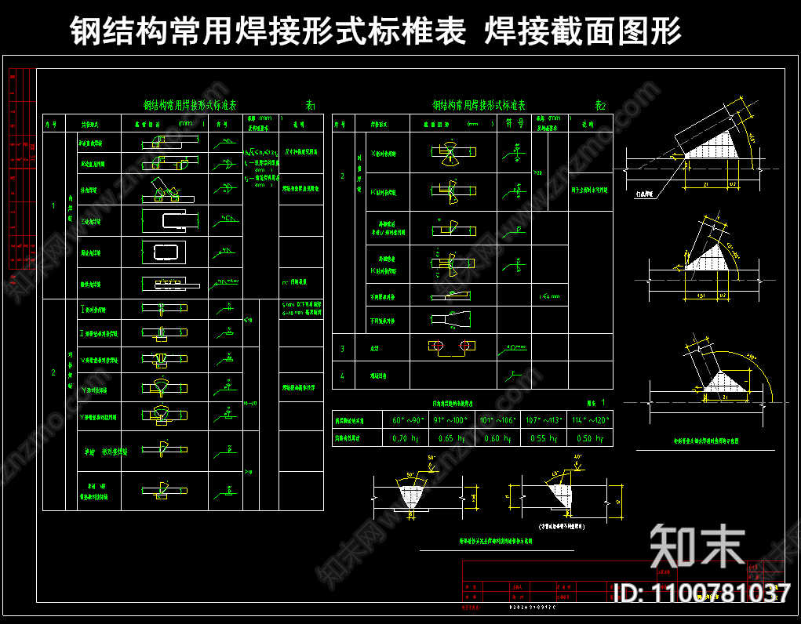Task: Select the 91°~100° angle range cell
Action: pyautogui.click(x=450, y=420)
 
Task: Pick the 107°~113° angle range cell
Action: pyautogui.click(x=541, y=420)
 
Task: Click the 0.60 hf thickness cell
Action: pyautogui.click(x=496, y=439)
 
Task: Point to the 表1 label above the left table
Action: pyautogui.click(x=310, y=105)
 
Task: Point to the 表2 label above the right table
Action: pyautogui.click(x=600, y=105)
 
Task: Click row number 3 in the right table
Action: pyautogui.click(x=342, y=348)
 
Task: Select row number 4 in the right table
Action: pyautogui.click(x=342, y=375)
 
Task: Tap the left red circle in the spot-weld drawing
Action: pyautogui.click(x=437, y=346)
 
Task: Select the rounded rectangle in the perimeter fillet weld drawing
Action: pyautogui.click(x=163, y=252)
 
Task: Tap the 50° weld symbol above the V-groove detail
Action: pyautogui.click(x=431, y=458)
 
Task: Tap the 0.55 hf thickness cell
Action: pyautogui.click(x=541, y=439)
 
